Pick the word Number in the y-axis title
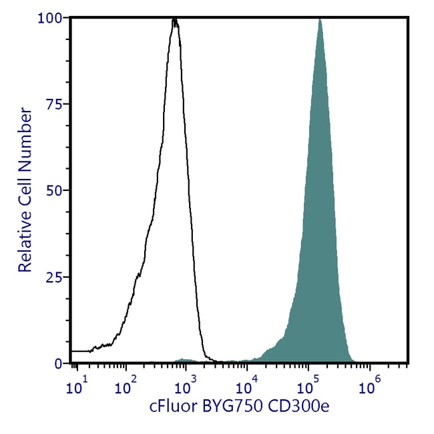coord(25,134)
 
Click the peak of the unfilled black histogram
coord(175,21)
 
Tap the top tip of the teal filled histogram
coord(320,19)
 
